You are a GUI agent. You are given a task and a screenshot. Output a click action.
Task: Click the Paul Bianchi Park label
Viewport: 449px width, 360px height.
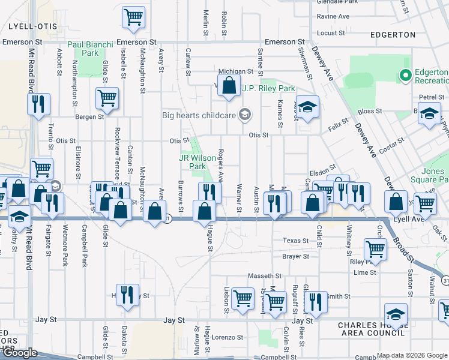click(83, 49)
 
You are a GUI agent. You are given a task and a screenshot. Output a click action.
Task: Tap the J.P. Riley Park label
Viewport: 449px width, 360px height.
click(268, 88)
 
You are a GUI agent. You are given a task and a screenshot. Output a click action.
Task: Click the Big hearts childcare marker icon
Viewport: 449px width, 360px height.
click(244, 114)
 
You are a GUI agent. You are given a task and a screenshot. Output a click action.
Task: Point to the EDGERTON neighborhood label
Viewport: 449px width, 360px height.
click(393, 35)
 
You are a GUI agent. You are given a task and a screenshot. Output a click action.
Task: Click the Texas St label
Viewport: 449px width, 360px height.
click(295, 241)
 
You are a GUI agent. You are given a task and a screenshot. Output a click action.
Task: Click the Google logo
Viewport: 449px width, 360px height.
click(20, 353)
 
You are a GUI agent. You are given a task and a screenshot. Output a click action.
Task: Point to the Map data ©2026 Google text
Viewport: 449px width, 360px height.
click(412, 355)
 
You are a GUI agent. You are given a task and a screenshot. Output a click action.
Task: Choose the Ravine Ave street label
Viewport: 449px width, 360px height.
click(333, 16)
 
